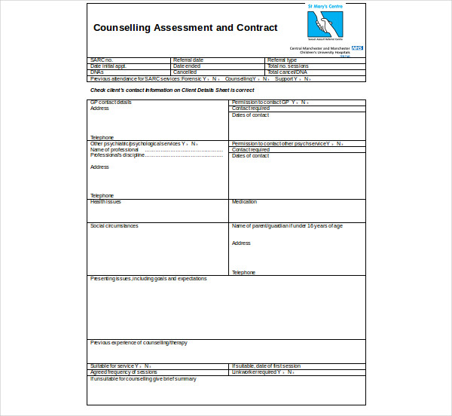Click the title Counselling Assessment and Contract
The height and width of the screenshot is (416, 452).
point(185,28)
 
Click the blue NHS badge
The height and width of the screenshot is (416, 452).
point(357,47)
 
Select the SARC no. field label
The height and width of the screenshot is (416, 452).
point(102,60)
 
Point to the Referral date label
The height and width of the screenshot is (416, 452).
point(188,60)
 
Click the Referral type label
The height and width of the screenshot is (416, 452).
point(282,60)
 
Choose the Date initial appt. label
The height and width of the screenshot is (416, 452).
point(108,66)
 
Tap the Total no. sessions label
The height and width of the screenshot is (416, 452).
point(289,66)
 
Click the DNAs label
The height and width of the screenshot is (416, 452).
point(97,72)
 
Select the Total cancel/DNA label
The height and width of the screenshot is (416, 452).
point(287,72)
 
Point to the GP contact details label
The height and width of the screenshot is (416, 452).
point(111,102)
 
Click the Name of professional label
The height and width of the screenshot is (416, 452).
point(115,149)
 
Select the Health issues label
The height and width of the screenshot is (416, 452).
point(105,202)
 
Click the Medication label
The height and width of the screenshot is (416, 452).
point(244,202)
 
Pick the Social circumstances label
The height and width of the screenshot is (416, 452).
point(115,226)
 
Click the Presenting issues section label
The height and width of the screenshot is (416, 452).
point(148,279)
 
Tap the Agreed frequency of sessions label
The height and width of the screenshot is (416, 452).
point(124,372)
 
